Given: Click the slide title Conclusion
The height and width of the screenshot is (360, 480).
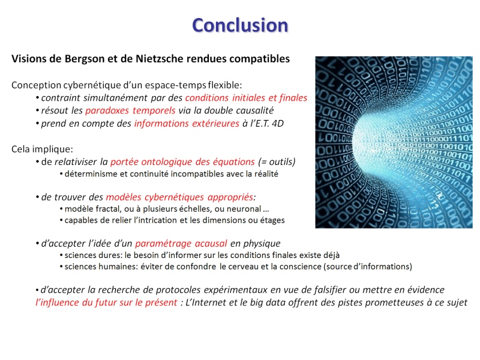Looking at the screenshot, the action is tap(240, 25).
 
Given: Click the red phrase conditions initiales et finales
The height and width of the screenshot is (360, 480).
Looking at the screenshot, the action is tap(246, 98).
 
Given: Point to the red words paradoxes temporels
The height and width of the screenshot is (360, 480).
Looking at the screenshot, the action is tap(130, 110).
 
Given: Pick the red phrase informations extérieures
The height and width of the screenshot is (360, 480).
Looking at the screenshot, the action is tap(187, 123).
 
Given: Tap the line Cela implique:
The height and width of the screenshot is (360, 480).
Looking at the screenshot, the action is tap(42, 149).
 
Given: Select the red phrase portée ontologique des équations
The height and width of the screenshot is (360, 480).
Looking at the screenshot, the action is tap(182, 161).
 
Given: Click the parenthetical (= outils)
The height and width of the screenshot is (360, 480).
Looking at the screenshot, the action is tap(277, 161).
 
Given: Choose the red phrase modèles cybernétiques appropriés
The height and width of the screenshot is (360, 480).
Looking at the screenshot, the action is tap(179, 197).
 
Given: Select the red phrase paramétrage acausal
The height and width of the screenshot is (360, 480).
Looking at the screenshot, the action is tap(181, 244).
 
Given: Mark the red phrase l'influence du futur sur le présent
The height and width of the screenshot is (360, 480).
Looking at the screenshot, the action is tap(106, 302).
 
